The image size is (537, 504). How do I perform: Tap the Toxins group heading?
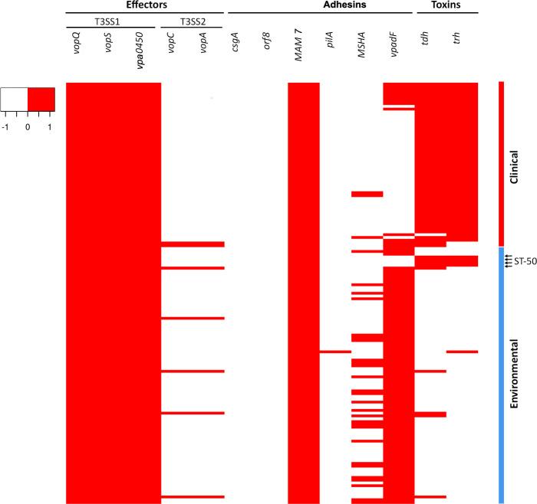448,5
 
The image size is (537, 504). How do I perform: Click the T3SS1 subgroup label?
113,21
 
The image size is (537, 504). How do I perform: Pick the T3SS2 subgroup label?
192,21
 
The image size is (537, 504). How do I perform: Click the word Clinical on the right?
515,163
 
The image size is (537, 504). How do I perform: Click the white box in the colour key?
15,99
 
